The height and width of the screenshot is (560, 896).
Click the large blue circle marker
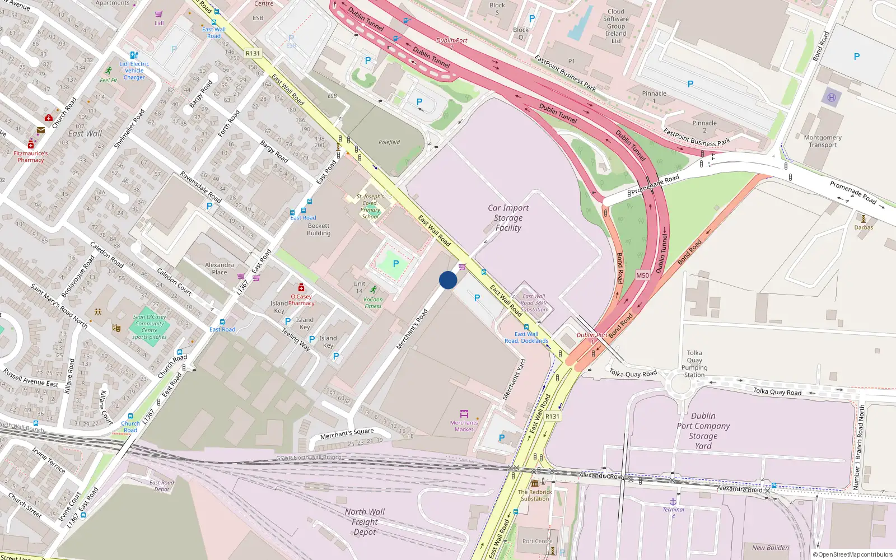click(x=447, y=280)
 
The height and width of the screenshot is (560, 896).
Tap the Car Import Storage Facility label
click(x=508, y=218)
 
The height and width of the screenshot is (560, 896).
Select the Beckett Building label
click(x=319, y=230)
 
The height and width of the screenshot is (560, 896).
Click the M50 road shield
click(x=642, y=276)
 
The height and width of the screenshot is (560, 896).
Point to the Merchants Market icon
click(x=464, y=414)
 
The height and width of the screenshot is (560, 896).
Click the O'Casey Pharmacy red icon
click(x=301, y=288)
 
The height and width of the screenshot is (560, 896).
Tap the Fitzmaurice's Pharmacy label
click(x=31, y=156)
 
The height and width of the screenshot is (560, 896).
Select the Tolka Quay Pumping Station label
click(x=694, y=364)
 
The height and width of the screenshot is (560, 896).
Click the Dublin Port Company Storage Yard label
click(x=703, y=431)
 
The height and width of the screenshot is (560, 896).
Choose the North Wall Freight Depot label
click(x=365, y=521)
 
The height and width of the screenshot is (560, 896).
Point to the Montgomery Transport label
click(x=822, y=141)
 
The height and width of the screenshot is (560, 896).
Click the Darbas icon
click(x=864, y=219)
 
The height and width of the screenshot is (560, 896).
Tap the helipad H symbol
click(x=831, y=97)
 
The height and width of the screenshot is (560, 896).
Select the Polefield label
click(x=389, y=142)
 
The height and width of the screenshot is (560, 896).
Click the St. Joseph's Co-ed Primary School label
click(x=370, y=206)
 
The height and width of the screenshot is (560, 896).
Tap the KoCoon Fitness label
click(x=373, y=303)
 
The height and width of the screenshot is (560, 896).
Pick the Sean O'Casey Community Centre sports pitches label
click(x=150, y=327)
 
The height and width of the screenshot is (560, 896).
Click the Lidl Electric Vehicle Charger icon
click(x=134, y=55)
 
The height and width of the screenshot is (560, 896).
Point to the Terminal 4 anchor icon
click(x=673, y=501)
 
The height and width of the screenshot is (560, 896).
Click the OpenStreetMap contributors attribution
click(x=853, y=554)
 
